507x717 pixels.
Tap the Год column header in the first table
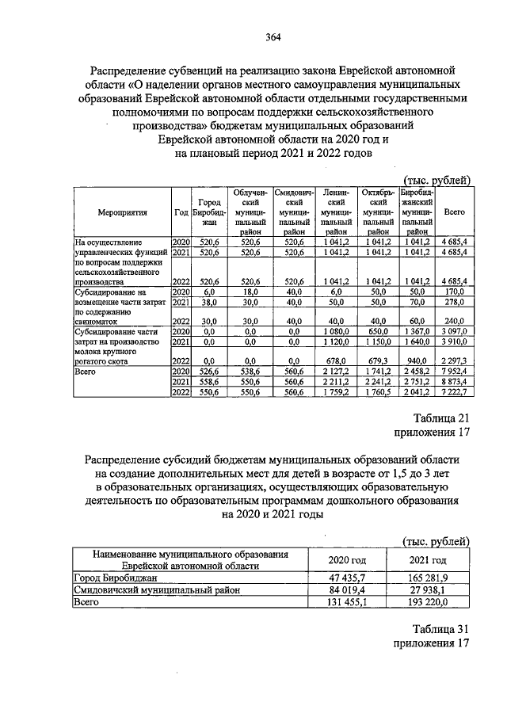pyautogui.click(x=181, y=212)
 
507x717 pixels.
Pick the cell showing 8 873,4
pyautogui.click(x=456, y=381)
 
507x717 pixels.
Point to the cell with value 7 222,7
pyautogui.click(x=456, y=393)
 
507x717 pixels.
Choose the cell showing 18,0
pyautogui.click(x=250, y=291)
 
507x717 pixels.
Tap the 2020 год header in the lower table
pyautogui.click(x=348, y=561)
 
